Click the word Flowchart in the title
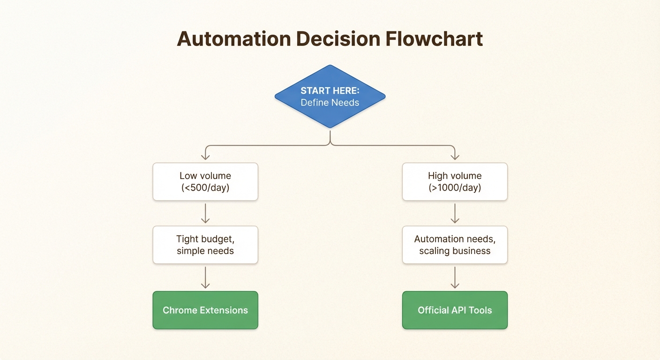434,39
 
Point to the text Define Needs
330,102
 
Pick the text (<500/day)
205,188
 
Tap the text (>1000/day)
455,188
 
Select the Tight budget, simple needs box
205,245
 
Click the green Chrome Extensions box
205,310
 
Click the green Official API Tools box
455,310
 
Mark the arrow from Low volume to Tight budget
205,213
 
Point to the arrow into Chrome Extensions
205,277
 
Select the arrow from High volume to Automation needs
455,213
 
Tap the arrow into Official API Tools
455,277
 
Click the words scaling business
455,251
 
